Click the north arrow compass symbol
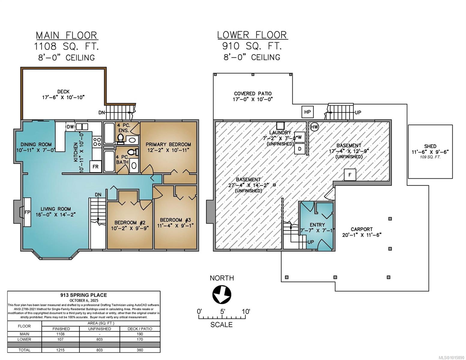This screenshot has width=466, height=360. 221,295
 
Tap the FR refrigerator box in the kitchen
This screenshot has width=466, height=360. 95,166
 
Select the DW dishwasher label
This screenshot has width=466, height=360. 70,127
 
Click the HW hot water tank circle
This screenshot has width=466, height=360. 314,127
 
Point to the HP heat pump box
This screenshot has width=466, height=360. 307,112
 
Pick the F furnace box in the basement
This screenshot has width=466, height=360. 350,175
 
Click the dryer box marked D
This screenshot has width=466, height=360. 299,149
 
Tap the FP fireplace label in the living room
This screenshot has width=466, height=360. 27,212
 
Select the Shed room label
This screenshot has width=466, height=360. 430,146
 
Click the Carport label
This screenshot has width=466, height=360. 362,229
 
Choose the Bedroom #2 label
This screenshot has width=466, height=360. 128,223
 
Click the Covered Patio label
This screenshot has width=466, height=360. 253,94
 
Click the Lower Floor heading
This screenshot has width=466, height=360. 252,35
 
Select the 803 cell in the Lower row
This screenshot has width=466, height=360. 100,339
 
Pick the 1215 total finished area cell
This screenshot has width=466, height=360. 61,350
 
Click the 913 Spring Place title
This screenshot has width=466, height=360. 84,295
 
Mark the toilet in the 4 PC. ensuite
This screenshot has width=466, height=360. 121,138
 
